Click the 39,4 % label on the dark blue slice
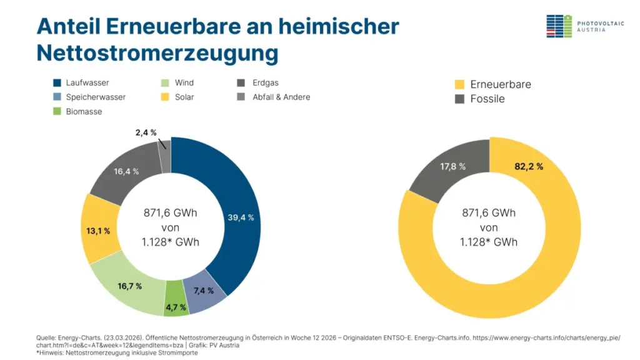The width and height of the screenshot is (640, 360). (x=241, y=217)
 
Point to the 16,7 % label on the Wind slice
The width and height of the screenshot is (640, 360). (x=129, y=286)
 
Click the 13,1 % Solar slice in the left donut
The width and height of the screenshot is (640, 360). (x=98, y=231)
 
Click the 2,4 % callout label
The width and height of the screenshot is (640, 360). (x=145, y=132)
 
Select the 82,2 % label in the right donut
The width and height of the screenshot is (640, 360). (x=528, y=166)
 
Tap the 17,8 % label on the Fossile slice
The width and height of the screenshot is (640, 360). (x=453, y=166)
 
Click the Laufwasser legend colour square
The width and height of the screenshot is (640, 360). (x=57, y=82)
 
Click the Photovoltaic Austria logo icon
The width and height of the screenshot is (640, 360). (x=559, y=26)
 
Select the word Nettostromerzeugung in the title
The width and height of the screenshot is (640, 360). (x=157, y=52)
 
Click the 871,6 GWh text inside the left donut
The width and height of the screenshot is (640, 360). (x=171, y=213)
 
